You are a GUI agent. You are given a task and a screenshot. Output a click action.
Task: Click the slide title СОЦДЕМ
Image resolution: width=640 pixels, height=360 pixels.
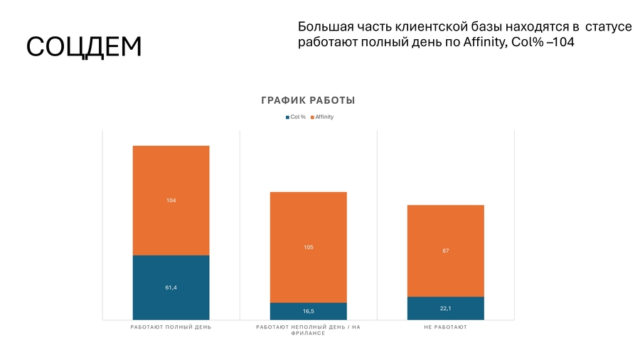point(84,46)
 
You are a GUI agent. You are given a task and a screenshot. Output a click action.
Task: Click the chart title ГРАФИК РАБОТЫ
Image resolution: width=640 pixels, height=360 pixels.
point(308,100)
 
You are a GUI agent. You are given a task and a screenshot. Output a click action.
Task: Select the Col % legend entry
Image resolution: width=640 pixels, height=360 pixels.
point(296,117)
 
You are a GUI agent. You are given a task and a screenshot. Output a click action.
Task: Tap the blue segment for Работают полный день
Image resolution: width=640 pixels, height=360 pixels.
point(171,299)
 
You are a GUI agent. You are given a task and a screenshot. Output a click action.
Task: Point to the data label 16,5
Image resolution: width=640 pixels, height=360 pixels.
point(308,312)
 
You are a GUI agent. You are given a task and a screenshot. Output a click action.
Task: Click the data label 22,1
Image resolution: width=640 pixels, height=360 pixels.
point(446,308)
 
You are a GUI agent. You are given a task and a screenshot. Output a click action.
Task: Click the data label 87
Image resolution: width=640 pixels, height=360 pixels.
point(446,251)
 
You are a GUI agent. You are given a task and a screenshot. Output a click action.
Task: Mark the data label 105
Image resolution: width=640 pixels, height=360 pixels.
point(308,248)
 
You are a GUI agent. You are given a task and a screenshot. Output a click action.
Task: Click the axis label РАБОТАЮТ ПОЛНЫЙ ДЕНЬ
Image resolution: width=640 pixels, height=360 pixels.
point(171,327)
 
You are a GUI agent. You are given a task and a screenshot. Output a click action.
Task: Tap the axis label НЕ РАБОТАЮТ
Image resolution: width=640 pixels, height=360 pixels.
point(446,327)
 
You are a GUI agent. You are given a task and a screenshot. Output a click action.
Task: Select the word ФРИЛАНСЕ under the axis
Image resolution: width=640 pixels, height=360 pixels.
point(308,334)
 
